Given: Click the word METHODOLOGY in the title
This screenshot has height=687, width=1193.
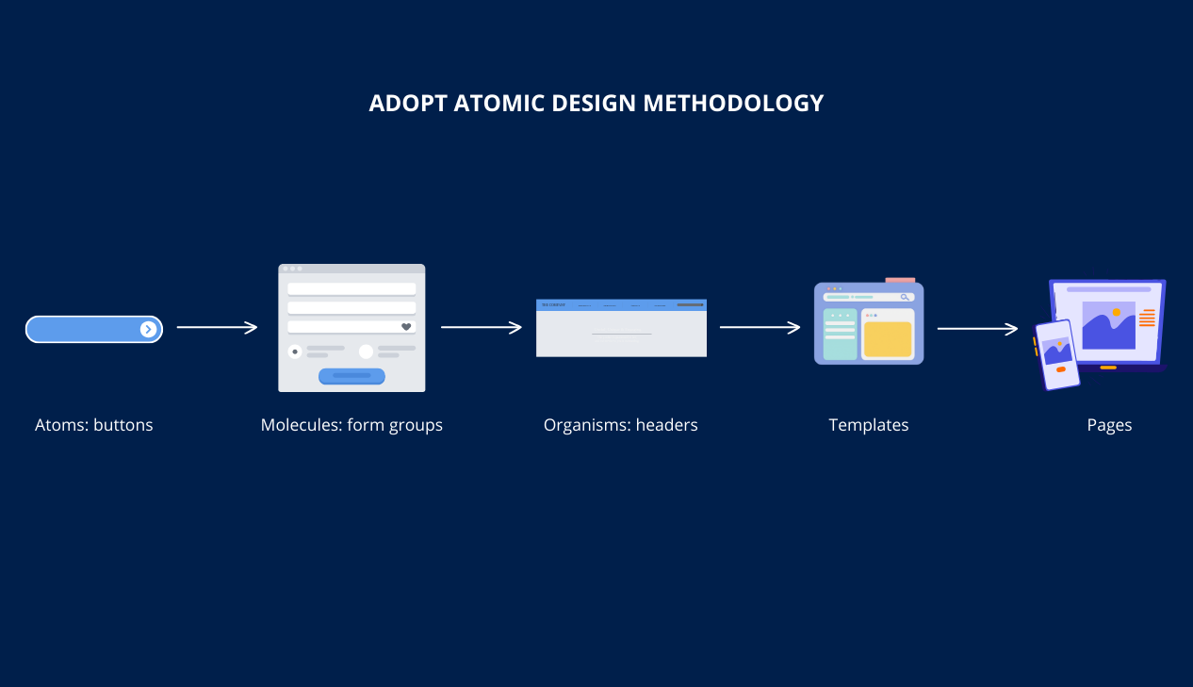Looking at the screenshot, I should click(x=733, y=103).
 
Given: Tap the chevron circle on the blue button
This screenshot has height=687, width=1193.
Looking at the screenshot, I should click(x=148, y=329).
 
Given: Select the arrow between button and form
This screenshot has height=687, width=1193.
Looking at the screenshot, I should click(x=217, y=328).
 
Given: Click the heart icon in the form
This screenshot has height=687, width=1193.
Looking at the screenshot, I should click(x=406, y=327).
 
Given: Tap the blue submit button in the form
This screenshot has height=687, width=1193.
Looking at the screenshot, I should click(x=351, y=376).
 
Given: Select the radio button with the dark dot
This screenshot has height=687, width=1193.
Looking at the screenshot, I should click(x=295, y=352).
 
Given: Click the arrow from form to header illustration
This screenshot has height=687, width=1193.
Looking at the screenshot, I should click(x=481, y=328).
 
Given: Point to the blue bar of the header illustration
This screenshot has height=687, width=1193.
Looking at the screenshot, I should click(x=621, y=304).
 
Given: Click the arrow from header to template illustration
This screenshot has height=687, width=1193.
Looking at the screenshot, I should click(x=760, y=328).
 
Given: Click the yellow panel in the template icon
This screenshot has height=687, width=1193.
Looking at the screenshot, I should click(x=888, y=339).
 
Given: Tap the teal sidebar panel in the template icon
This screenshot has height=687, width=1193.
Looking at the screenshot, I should click(x=840, y=335).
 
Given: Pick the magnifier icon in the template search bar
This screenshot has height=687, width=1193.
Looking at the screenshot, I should click(x=905, y=297).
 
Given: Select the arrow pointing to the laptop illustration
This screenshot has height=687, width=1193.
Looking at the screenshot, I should click(x=977, y=329).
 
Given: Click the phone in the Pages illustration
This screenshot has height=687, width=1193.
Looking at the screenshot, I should click(x=1056, y=354).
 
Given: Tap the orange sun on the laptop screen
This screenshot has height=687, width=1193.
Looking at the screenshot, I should click(x=1117, y=312).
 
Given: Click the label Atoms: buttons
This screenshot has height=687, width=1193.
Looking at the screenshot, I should click(x=93, y=425).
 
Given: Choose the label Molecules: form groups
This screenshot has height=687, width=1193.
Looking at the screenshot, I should click(x=351, y=425).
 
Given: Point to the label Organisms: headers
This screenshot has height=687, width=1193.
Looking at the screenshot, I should click(x=620, y=425).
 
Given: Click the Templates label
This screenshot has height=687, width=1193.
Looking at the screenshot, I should click(x=868, y=425).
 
